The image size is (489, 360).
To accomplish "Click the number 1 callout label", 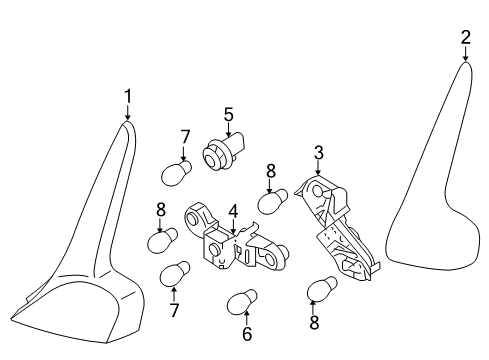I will pyautogui.click(x=127, y=95).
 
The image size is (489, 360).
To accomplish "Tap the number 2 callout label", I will pyautogui.click(x=465, y=38).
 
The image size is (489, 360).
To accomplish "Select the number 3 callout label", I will pyautogui.click(x=318, y=152).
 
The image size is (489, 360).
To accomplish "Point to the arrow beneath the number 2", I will pyautogui.click(x=466, y=53).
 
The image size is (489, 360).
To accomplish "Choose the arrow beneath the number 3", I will pyautogui.click(x=318, y=168).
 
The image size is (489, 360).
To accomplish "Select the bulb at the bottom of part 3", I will pyautogui.click(x=322, y=290).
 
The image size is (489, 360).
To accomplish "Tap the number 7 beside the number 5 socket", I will pyautogui.click(x=185, y=135).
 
